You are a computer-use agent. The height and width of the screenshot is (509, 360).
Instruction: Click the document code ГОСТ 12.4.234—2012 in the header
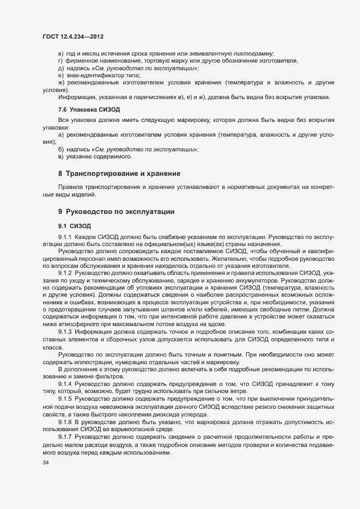[x=73, y=37]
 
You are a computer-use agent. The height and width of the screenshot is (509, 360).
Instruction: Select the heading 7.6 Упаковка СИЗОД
[x=82, y=110]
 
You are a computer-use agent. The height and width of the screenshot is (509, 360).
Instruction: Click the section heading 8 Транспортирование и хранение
[x=119, y=174]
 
